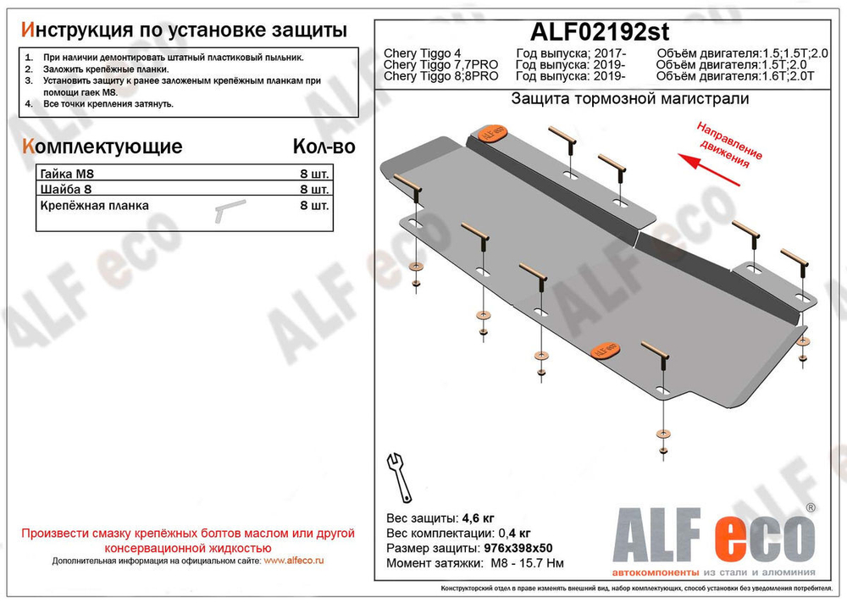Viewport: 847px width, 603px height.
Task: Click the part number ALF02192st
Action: coord(600,32)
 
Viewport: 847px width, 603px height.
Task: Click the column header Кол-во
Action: coord(324,147)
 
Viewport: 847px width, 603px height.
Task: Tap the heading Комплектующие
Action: coord(101,147)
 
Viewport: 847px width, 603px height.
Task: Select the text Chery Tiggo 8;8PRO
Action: coord(440,77)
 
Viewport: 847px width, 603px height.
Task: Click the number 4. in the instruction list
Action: coord(29,103)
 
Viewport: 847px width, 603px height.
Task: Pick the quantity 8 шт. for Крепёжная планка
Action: coord(314,205)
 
